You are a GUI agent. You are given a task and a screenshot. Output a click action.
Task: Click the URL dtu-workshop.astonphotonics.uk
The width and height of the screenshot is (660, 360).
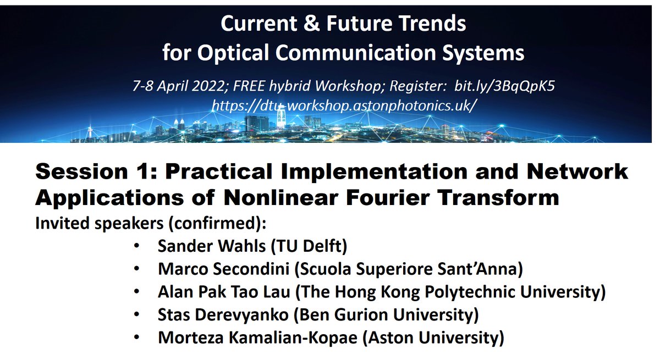(x=343, y=105)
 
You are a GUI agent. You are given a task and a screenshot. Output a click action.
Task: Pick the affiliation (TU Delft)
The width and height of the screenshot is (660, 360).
(x=309, y=246)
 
